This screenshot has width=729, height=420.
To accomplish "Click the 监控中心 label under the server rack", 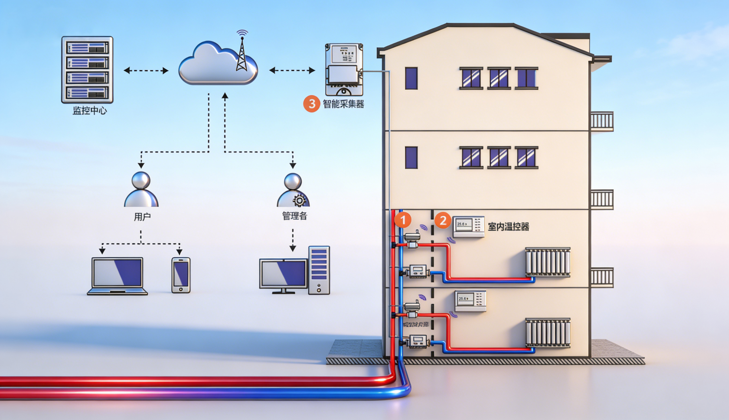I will pyautogui.click(x=89, y=111).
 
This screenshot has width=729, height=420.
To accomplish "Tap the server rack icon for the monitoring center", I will pyautogui.click(x=87, y=69).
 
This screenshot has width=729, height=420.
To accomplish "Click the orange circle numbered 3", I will pyautogui.click(x=312, y=104).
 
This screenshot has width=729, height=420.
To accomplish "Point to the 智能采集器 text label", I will pyautogui.click(x=343, y=104).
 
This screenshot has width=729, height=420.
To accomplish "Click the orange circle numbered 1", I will pyautogui.click(x=403, y=220).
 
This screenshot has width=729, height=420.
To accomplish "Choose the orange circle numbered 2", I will pyautogui.click(x=443, y=221).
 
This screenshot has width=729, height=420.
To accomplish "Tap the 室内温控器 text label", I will pyautogui.click(x=508, y=227).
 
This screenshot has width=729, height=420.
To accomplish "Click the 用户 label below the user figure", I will pyautogui.click(x=142, y=217).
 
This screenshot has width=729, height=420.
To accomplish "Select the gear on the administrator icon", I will pyautogui.click(x=299, y=201).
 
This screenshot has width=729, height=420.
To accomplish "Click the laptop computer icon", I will pyautogui.click(x=117, y=276).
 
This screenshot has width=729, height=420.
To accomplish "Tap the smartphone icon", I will pyautogui.click(x=181, y=275).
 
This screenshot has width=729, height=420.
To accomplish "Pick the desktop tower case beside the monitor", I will pyautogui.click(x=319, y=270).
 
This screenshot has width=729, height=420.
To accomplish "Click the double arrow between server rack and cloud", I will pyautogui.click(x=146, y=70).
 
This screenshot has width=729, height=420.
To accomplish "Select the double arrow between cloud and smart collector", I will pyautogui.click(x=292, y=70).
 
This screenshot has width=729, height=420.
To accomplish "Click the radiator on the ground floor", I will pyautogui.click(x=548, y=333).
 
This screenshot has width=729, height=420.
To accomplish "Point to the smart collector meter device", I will pyautogui.click(x=344, y=69).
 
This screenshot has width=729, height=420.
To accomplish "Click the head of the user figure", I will pyautogui.click(x=141, y=180).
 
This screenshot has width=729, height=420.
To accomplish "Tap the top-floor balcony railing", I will pyautogui.click(x=602, y=121).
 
